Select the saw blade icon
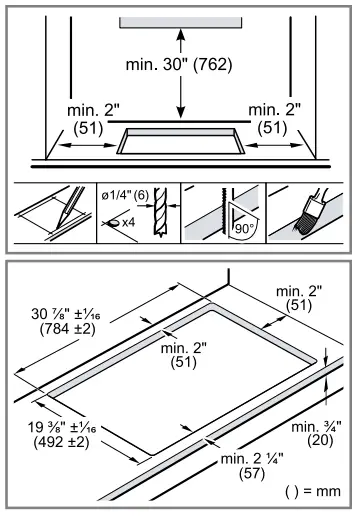tap(210, 209)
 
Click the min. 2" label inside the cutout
tap(181, 355)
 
